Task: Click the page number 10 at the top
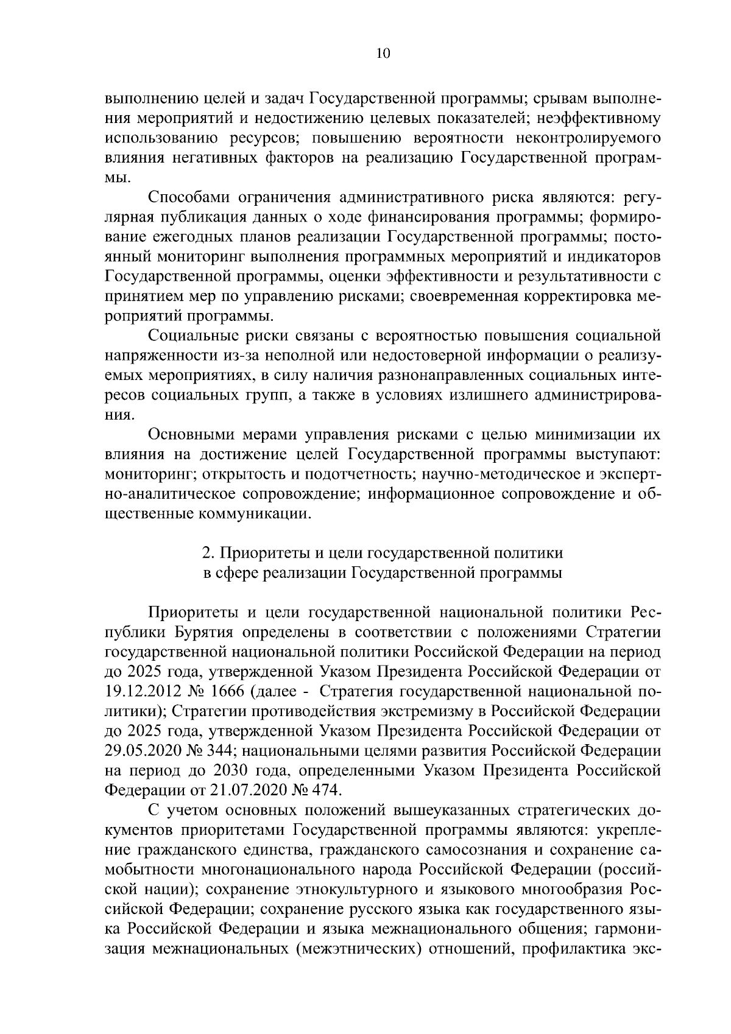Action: (x=384, y=53)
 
